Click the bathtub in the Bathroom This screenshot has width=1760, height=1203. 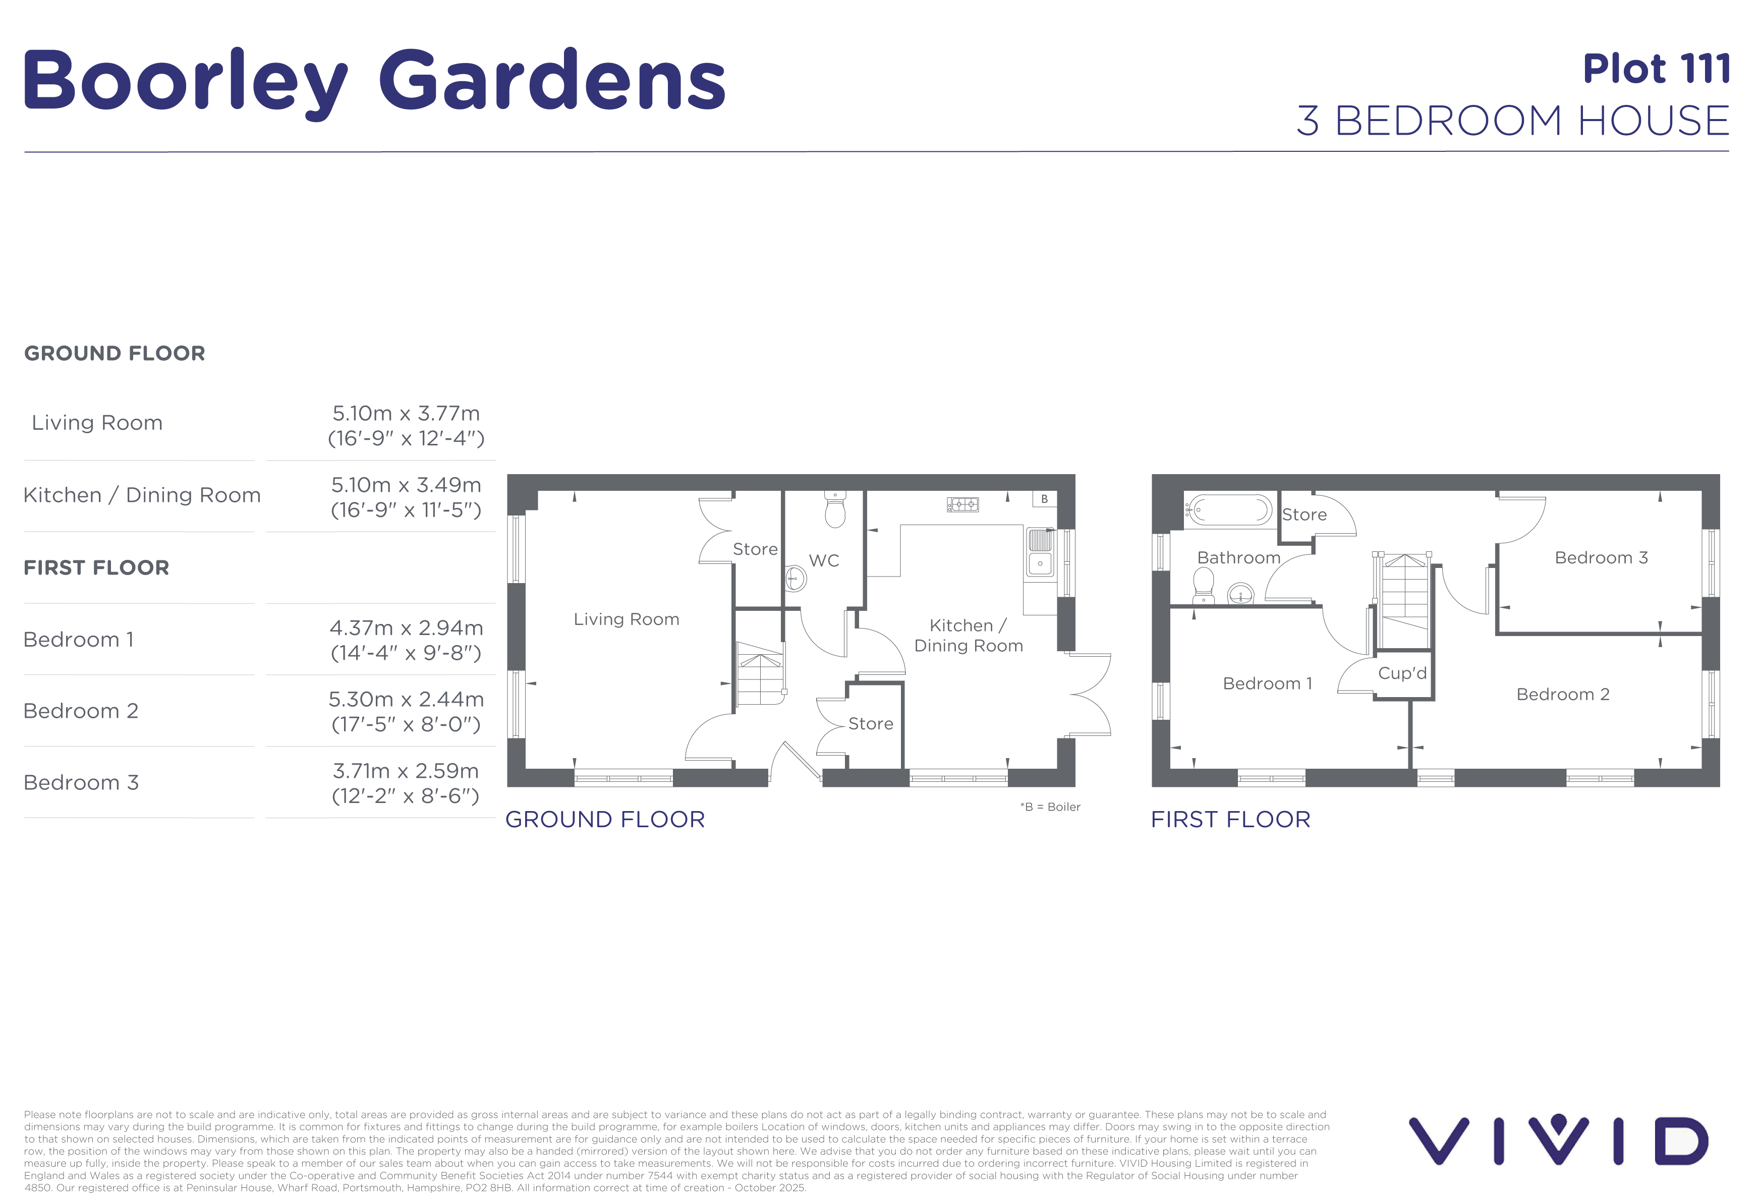[x=1229, y=510]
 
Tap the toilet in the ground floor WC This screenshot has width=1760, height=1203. [x=834, y=509]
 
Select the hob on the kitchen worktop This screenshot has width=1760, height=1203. [x=962, y=504]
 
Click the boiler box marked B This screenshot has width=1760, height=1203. [x=1044, y=499]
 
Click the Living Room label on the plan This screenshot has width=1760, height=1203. [x=627, y=619]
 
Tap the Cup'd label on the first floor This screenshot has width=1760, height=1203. [x=1402, y=673]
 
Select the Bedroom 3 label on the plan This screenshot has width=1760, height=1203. [x=1601, y=558]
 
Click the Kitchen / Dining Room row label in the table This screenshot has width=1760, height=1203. [x=142, y=495]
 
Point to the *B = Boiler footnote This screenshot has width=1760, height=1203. [x=1050, y=807]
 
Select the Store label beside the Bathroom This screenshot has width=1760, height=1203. [x=1304, y=515]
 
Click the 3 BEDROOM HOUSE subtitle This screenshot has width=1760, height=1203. [x=1513, y=121]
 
